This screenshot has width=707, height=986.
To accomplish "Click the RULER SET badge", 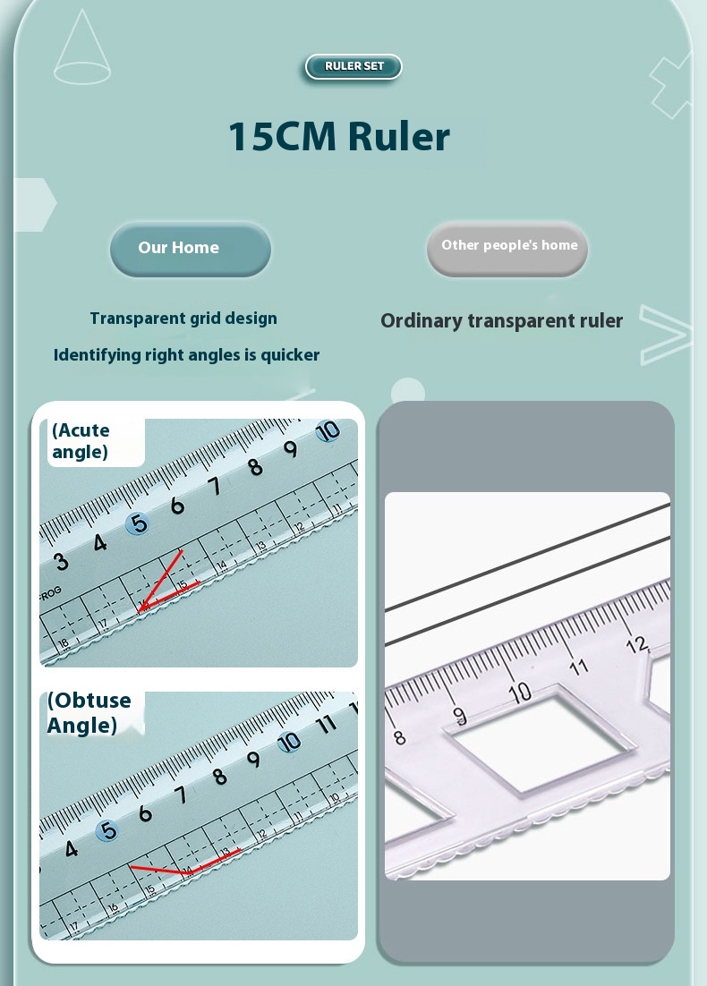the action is click(x=353, y=66).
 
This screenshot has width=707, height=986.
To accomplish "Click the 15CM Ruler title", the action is click(x=339, y=137).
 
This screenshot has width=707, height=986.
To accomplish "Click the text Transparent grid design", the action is click(x=183, y=319).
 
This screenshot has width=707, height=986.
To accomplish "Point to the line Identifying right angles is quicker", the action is click(x=187, y=355).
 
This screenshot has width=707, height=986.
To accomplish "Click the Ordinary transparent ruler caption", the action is click(x=501, y=320).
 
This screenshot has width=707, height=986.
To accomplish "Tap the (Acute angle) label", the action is click(x=81, y=441).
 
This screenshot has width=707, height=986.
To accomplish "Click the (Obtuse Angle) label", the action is click(x=89, y=713).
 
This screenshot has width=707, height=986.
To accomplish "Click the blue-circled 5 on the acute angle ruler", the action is click(x=137, y=523).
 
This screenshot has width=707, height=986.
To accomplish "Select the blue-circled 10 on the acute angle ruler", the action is click(x=328, y=431).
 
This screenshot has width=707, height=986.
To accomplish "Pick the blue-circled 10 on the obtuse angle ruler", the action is click(x=289, y=742).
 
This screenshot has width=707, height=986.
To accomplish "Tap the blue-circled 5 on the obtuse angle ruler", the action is click(x=107, y=830).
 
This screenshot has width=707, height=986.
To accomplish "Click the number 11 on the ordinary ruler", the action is click(x=578, y=667).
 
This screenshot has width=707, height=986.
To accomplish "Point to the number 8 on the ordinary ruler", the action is click(x=399, y=737).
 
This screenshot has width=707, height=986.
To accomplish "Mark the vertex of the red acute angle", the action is click(x=140, y=610).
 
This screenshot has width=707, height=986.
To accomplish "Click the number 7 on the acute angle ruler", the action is click(x=215, y=486).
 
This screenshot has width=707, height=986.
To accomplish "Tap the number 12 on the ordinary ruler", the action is click(x=636, y=644).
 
